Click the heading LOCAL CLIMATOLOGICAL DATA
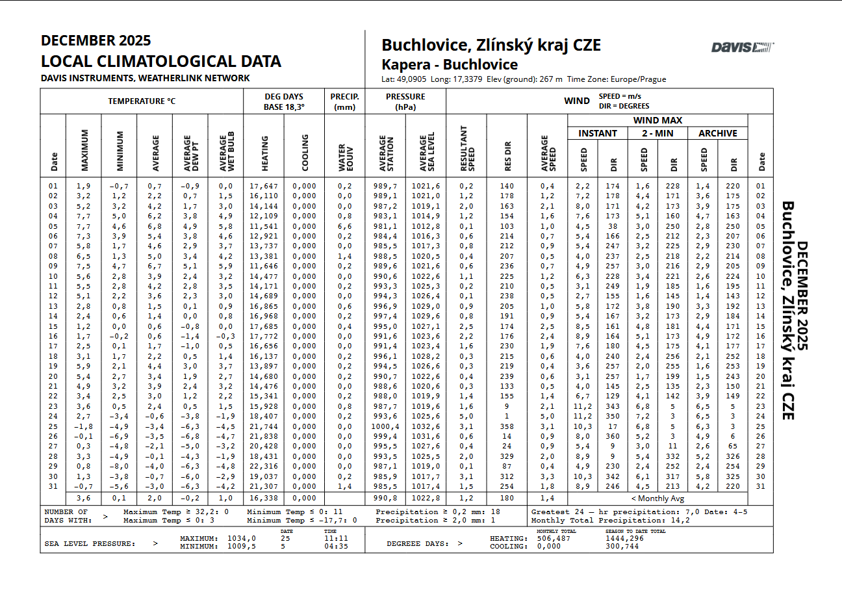[161, 62]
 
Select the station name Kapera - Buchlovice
[450, 65]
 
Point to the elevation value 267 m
[551, 79]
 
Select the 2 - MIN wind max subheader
[658, 133]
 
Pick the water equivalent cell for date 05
[345, 226]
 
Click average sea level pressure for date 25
[426, 426]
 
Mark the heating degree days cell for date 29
[264, 466]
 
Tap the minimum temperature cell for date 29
[119, 466]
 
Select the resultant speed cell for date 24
[466, 416]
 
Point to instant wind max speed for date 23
[583, 406]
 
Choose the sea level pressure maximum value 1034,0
[242, 538]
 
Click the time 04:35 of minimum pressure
[335, 546]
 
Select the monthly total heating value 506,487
[554, 538]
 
